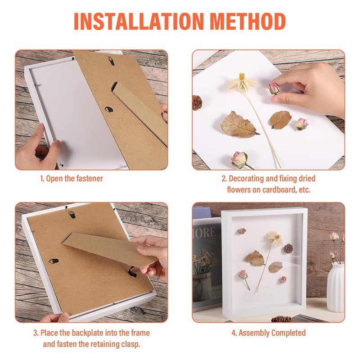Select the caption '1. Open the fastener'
pyautogui.click(x=72, y=179)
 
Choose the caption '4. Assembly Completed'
pyautogui.click(x=269, y=333)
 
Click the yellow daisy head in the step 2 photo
pyautogui.click(x=243, y=83)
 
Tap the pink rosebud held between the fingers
pyautogui.click(x=274, y=88)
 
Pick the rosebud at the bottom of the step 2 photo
pyautogui.click(x=240, y=159)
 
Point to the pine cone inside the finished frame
pyautogui.click(x=288, y=248)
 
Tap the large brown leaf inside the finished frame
pyautogui.click(x=255, y=258)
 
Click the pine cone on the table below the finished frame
pyautogui.click(x=281, y=319)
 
